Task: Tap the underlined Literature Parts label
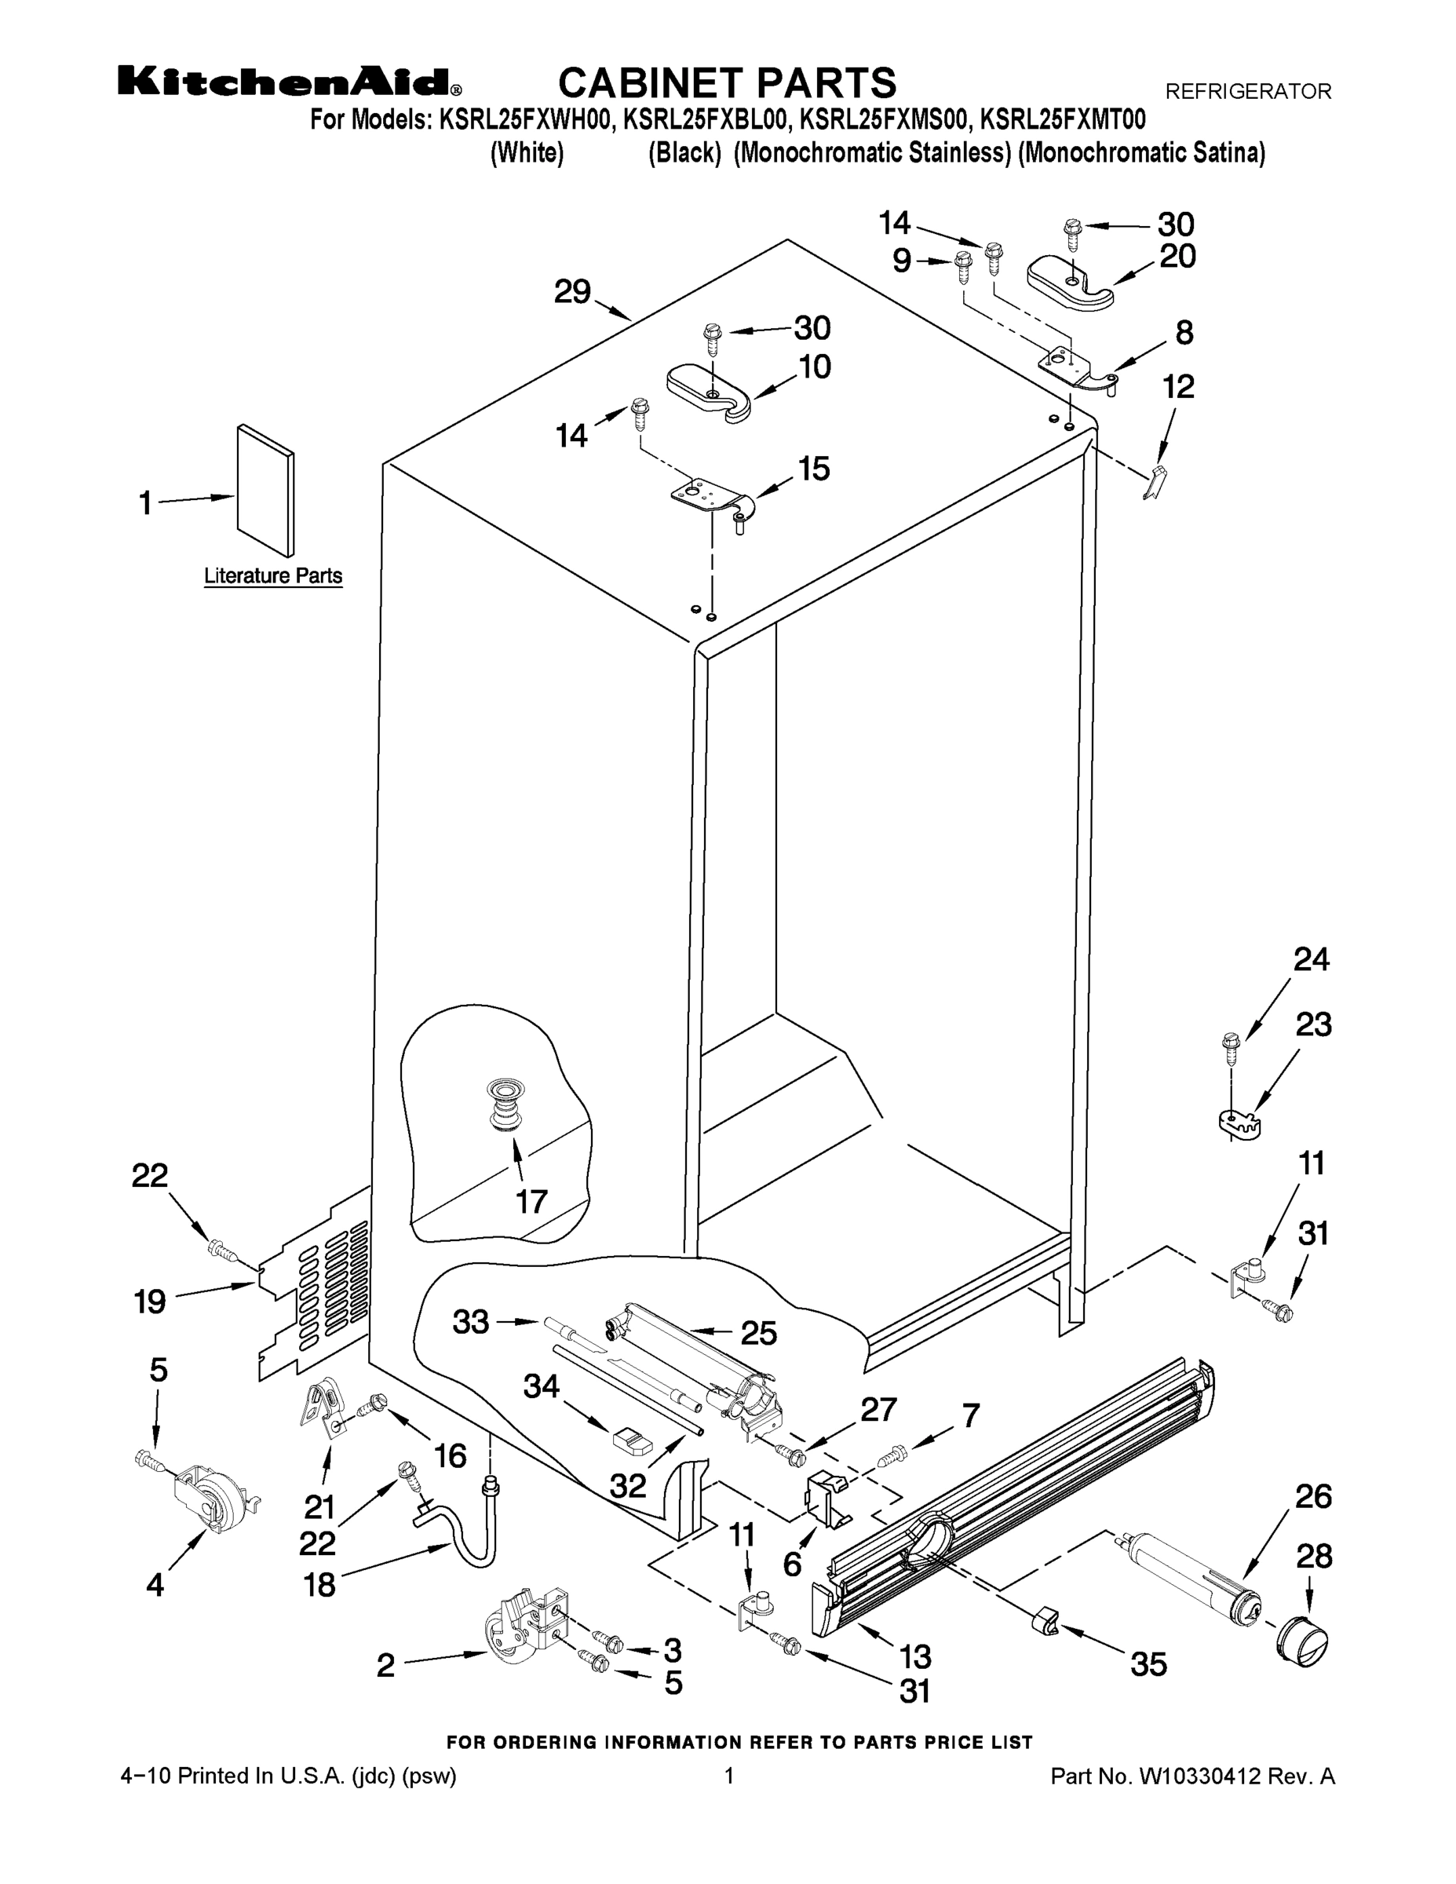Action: (272, 575)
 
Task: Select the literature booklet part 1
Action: (265, 491)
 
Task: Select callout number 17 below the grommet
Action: (531, 1201)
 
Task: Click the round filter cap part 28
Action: (1301, 1640)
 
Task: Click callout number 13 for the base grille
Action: (915, 1656)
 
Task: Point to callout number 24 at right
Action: (1311, 959)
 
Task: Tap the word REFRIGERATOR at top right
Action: (1248, 91)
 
